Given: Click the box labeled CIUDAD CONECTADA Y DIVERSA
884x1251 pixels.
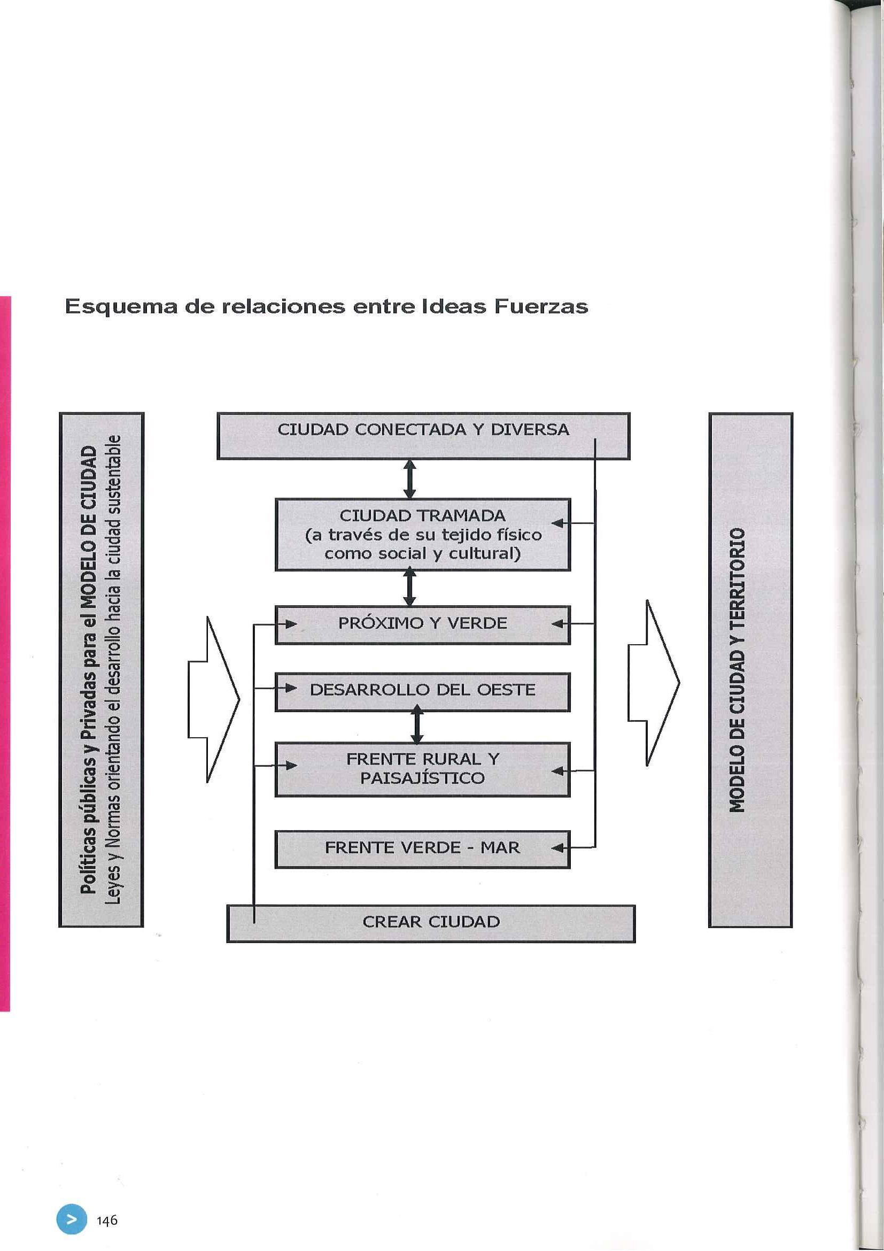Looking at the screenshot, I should [x=423, y=430].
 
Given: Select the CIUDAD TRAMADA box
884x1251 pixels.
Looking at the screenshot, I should [x=423, y=535].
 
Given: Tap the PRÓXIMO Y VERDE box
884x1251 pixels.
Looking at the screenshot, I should [x=423, y=623].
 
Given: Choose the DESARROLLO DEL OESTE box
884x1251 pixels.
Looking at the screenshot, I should [x=423, y=690].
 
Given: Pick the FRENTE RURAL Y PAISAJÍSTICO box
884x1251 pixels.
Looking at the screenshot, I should [x=423, y=768].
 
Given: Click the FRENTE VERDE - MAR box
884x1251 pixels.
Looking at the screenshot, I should [x=423, y=848].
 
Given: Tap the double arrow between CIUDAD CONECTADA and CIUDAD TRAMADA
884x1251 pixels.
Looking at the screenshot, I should [x=410, y=479].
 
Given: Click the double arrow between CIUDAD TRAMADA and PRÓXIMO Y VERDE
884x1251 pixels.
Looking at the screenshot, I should [x=410, y=588].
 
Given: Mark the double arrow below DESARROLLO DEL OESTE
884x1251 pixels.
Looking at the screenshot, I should [x=417, y=724].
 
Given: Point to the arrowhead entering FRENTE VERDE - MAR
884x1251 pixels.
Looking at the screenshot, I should [x=558, y=848].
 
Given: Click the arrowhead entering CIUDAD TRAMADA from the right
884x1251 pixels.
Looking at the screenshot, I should [x=558, y=523].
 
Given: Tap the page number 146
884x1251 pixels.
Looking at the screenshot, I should [x=107, y=1220].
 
